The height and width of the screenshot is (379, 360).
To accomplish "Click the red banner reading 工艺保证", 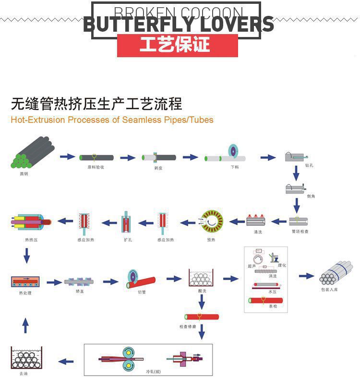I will click(x=177, y=45).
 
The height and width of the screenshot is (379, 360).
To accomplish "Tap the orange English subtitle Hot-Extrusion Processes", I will click(x=112, y=120).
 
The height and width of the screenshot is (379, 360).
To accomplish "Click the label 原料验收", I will click(x=96, y=167).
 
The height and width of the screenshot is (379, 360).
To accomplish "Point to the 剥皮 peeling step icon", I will click(x=159, y=157).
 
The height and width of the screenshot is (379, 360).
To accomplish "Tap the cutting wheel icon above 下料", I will click(x=233, y=151).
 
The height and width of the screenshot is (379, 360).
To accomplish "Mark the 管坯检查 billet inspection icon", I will click(x=298, y=221).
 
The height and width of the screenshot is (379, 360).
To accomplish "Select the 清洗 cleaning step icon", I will click(x=258, y=220).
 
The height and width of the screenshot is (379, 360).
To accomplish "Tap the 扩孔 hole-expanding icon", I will click(x=126, y=222).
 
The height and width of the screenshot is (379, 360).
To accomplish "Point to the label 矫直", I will click(x=80, y=291).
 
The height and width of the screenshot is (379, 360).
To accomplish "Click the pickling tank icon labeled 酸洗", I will click(x=201, y=279).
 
